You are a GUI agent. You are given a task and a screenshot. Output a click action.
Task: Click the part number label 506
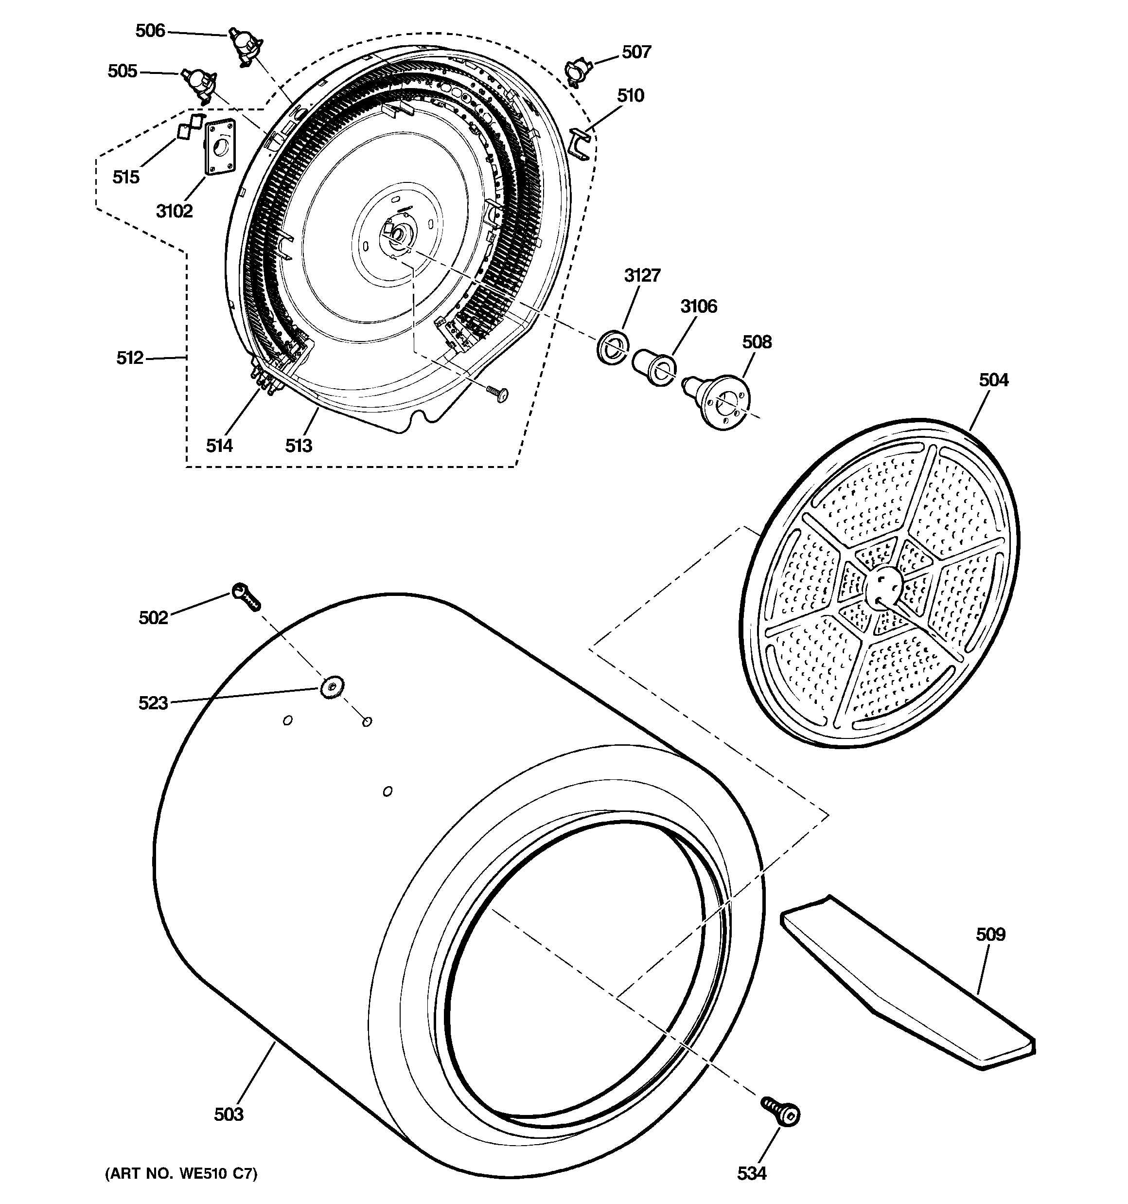pos(150,31)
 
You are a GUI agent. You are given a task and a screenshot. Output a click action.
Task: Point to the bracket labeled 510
pos(580,145)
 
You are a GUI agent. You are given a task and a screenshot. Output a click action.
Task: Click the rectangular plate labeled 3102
pos(219,148)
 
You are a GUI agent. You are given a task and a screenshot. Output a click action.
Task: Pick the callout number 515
pos(126,178)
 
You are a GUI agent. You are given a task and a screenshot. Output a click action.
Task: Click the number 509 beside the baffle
pos(990,934)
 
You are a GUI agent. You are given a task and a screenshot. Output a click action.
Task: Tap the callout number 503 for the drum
pos(228,1114)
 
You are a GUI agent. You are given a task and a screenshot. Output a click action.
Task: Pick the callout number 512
pos(129,358)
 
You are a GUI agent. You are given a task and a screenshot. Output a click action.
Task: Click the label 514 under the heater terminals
pos(219,446)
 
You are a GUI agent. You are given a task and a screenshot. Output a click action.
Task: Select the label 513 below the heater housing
pos(299,446)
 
